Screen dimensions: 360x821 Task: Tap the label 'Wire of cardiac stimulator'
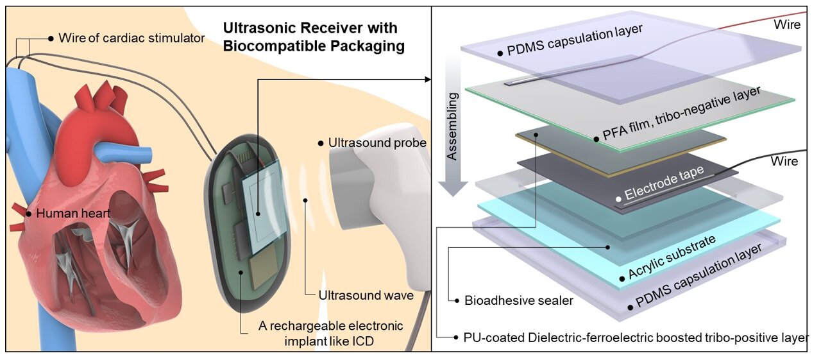(x=131, y=39)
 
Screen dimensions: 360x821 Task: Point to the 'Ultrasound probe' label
(x=377, y=142)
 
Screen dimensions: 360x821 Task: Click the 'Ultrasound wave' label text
(x=366, y=296)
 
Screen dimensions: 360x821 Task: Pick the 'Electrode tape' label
(x=664, y=182)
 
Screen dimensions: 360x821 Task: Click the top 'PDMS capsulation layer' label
(x=574, y=40)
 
